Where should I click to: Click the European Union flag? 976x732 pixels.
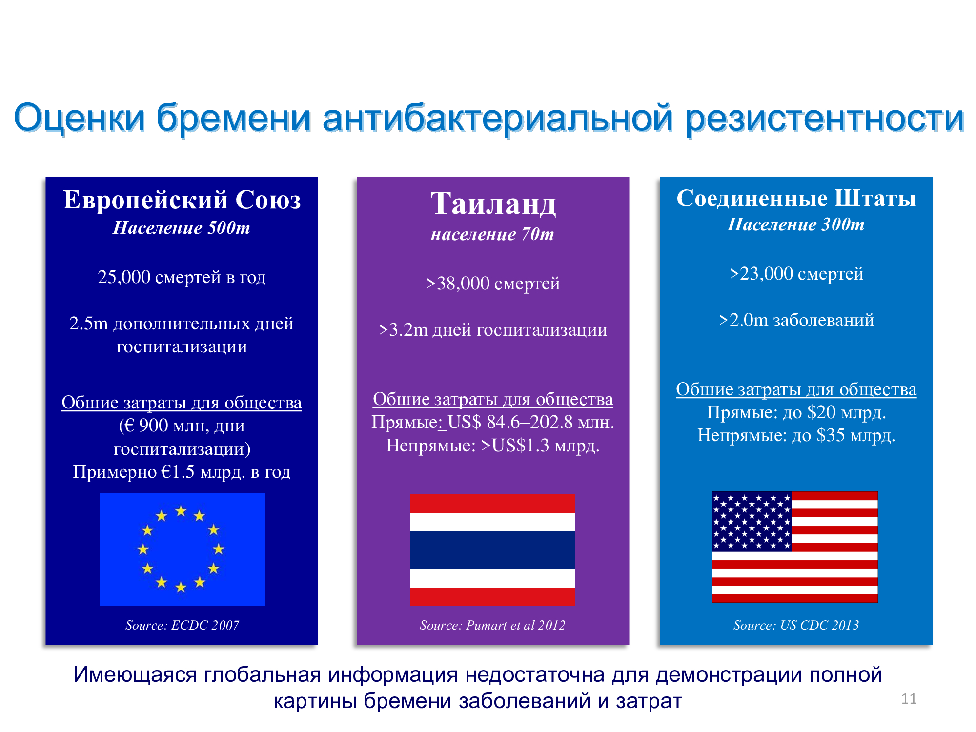(x=182, y=549)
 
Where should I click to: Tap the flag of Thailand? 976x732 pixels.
(x=492, y=550)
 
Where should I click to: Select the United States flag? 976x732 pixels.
(x=794, y=547)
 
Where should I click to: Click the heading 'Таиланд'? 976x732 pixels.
(x=493, y=203)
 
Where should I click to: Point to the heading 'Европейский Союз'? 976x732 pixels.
(x=182, y=200)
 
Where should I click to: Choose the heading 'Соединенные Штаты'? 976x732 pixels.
(x=796, y=198)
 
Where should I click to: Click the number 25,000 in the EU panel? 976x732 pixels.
(x=124, y=277)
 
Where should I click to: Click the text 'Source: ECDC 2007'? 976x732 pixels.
(x=182, y=625)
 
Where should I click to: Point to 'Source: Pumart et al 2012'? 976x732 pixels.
(x=492, y=625)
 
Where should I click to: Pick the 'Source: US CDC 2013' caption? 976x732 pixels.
(x=796, y=625)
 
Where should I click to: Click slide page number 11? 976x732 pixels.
(x=909, y=699)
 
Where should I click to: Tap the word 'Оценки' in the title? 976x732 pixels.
(x=80, y=118)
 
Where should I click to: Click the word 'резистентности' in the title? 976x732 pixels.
(x=825, y=118)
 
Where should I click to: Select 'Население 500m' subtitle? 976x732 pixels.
(x=182, y=228)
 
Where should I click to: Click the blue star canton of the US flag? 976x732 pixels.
(x=752, y=521)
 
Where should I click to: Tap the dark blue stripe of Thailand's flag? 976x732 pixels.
(x=492, y=550)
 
